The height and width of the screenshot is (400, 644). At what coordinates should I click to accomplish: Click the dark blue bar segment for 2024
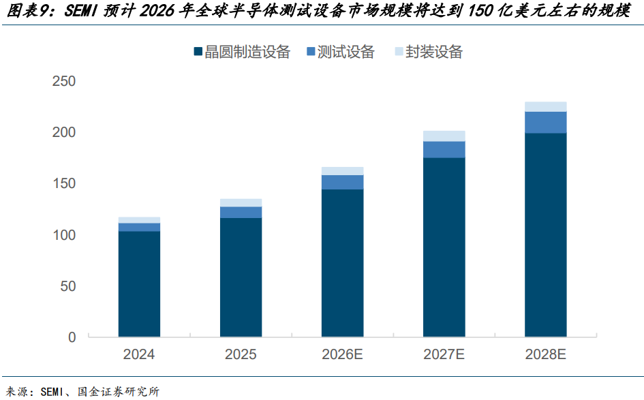pyautogui.click(x=139, y=284)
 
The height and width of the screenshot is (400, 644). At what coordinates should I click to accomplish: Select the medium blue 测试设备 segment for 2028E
pyautogui.click(x=545, y=123)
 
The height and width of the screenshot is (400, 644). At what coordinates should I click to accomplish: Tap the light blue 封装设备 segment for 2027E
pyautogui.click(x=444, y=136)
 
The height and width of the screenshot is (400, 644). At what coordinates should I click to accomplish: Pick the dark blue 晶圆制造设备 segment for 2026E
pyautogui.click(x=343, y=263)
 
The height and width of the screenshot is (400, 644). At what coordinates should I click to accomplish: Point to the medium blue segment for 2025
pyautogui.click(x=241, y=213)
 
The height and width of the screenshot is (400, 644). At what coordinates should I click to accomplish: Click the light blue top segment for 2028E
pyautogui.click(x=545, y=107)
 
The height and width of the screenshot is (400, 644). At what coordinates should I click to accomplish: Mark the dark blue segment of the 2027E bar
pyautogui.click(x=444, y=247)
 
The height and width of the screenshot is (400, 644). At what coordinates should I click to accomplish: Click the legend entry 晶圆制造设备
pyautogui.click(x=243, y=52)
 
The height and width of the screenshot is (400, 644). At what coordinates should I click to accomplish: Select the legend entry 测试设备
pyautogui.click(x=341, y=52)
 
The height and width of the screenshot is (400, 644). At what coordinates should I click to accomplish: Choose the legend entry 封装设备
pyautogui.click(x=429, y=52)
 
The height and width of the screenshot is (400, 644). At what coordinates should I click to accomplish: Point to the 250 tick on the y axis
pyautogui.click(x=64, y=81)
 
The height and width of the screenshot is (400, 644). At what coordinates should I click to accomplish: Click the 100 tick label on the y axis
pyautogui.click(x=64, y=235)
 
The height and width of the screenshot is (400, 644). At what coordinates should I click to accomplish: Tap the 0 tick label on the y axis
pyautogui.click(x=72, y=337)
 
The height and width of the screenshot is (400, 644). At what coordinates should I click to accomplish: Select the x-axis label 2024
pyautogui.click(x=139, y=354)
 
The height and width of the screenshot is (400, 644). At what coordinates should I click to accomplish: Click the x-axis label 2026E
pyautogui.click(x=342, y=354)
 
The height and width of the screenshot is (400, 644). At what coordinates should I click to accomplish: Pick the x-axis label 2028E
pyautogui.click(x=545, y=354)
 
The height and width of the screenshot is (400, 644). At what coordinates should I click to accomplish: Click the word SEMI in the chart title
pyautogui.click(x=80, y=11)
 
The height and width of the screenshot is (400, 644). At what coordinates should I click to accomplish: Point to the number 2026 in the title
pyautogui.click(x=157, y=11)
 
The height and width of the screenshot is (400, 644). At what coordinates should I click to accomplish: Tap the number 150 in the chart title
pyautogui.click(x=480, y=11)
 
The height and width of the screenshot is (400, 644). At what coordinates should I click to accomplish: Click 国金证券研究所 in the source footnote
pyautogui.click(x=119, y=392)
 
